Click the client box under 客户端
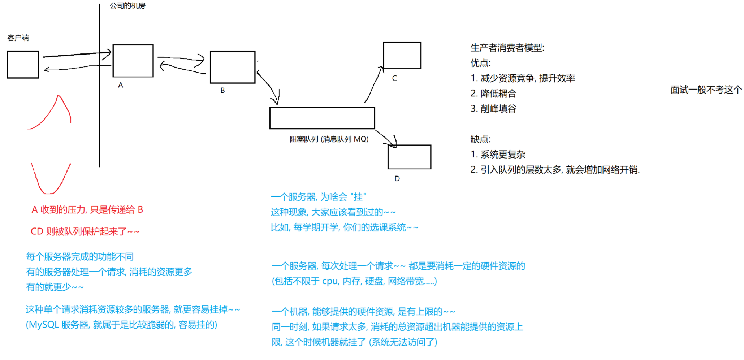coord(23,65)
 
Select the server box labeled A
coord(133,61)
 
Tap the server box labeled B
coord(233,67)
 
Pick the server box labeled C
coord(402,55)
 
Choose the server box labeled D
coord(409,157)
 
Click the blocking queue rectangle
coord(322,118)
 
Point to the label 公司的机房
coord(127,6)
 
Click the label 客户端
coord(18,38)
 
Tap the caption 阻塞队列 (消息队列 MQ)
coord(329,139)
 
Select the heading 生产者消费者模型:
coord(507,48)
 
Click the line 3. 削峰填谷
coord(493,108)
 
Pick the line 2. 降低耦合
coord(493,93)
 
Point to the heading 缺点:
coord(480,139)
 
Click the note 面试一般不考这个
coord(706,90)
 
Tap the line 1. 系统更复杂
coord(498,154)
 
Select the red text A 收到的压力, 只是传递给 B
coord(87,209)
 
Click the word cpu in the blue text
coord(330,281)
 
